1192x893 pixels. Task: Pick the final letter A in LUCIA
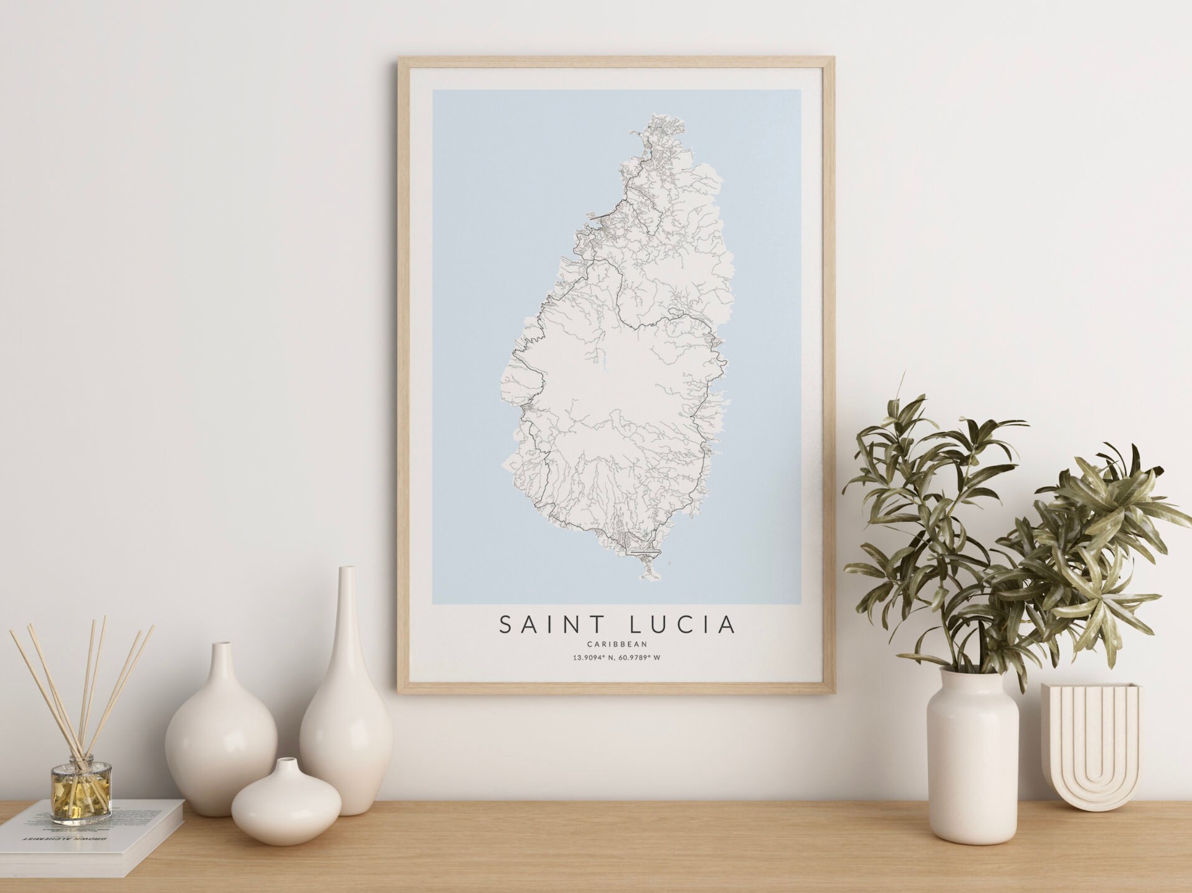tap(726, 625)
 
